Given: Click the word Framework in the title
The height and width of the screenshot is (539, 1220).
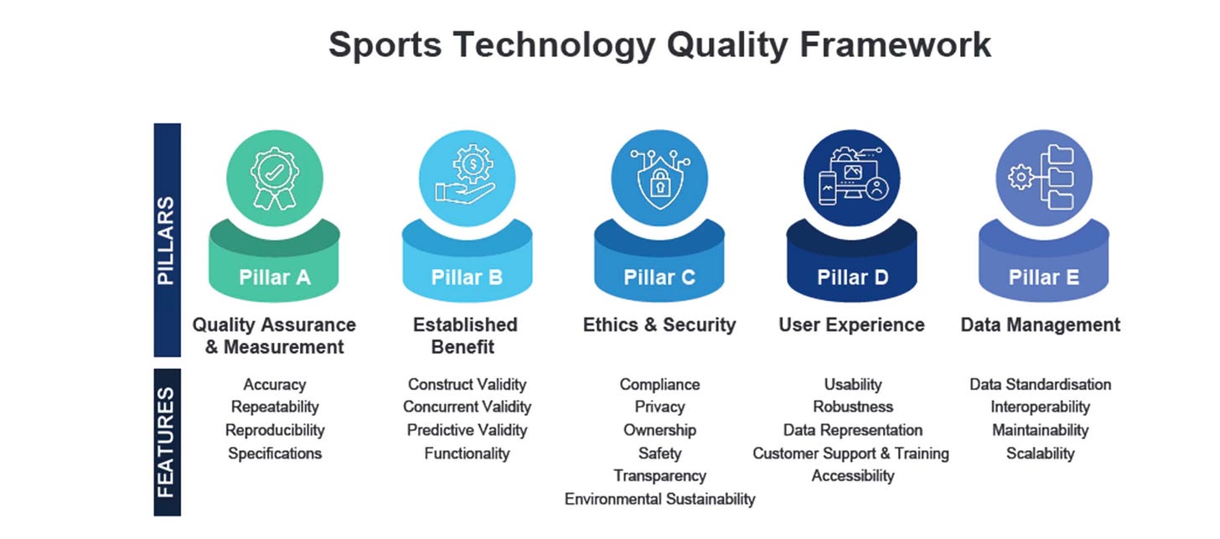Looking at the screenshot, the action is coord(895,44).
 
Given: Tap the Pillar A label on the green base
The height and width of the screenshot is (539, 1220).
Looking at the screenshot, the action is coord(275,277).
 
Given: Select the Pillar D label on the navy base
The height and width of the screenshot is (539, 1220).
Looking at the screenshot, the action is coord(852,277).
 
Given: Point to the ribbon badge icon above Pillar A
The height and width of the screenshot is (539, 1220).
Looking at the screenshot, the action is coord(275,179).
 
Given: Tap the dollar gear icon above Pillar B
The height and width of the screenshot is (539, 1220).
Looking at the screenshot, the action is coord(473,163).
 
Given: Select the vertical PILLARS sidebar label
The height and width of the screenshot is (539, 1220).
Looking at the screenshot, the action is coord(167,241).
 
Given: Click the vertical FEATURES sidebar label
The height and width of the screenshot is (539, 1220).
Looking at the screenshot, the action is coord(167,442).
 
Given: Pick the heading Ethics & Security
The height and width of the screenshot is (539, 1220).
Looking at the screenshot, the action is coord(659,324).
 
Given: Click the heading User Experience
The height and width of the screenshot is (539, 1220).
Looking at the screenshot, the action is coord(852,324).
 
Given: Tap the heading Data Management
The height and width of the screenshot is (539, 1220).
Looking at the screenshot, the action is coord(1041,324).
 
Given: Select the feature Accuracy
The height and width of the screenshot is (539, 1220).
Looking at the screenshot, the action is coord(275,385).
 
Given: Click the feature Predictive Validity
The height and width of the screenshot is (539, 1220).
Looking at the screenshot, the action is coord(467,431).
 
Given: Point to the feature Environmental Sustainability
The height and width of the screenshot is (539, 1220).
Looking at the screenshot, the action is coord(659,500).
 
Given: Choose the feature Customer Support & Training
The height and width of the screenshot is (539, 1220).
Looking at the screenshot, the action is coord(850,453).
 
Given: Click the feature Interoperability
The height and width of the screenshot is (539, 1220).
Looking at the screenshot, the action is coord(1041,407).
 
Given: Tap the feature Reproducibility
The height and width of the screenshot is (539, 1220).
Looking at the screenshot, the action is coord(275,431).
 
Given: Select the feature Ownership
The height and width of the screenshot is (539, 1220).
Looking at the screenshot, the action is coord(659,431).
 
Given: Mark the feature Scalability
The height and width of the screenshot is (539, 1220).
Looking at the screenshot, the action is coord(1041,453).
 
